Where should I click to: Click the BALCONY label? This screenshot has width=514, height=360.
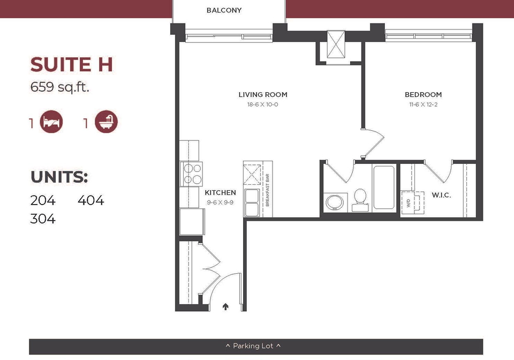tap(224, 10)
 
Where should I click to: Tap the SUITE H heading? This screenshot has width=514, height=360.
tap(71, 64)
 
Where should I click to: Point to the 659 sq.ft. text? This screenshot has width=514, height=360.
tap(59, 87)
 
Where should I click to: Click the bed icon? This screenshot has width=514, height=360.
tap(51, 122)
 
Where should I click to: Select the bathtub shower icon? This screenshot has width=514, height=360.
tap(106, 122)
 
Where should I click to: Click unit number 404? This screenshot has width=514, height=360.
tap(91, 200)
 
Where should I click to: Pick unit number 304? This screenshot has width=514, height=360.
tap(43, 219)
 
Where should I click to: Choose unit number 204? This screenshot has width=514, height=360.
tap(43, 200)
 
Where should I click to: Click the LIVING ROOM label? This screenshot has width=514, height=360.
tap(263, 95)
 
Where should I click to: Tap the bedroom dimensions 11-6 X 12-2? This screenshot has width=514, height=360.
tap(423, 104)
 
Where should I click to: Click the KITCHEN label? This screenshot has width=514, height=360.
tap(220, 192)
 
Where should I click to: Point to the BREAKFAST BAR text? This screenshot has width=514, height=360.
tap(267, 190)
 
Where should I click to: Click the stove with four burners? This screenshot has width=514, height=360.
tap(191, 174)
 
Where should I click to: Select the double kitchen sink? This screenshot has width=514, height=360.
tap(252, 202)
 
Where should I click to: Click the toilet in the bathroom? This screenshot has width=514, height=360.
tap(360, 200)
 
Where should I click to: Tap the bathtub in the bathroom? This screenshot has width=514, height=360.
tap(383, 187)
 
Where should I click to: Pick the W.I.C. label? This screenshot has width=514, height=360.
tap(441, 195)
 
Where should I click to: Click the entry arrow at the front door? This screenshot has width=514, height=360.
tap(225, 306)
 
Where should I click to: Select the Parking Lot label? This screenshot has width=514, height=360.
tap(253, 346)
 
